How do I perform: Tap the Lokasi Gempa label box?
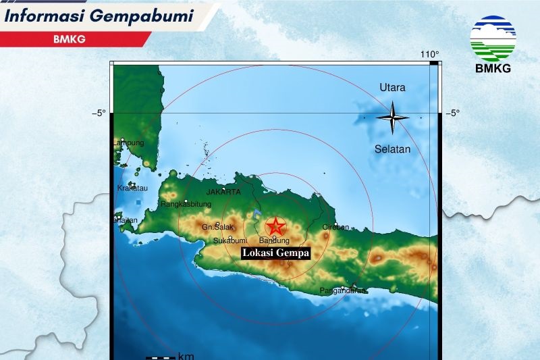275,253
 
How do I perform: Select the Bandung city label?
274,240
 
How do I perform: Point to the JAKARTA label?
223,192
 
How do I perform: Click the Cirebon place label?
336,227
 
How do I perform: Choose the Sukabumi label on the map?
230,240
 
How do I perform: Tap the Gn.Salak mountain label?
217,228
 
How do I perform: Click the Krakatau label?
132,188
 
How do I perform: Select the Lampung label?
129,143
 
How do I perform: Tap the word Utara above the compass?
392,88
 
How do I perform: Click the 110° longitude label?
429,54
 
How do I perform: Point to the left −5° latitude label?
99,113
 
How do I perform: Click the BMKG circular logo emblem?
493,38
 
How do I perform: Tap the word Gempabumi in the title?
148,14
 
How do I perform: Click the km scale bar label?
186,356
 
